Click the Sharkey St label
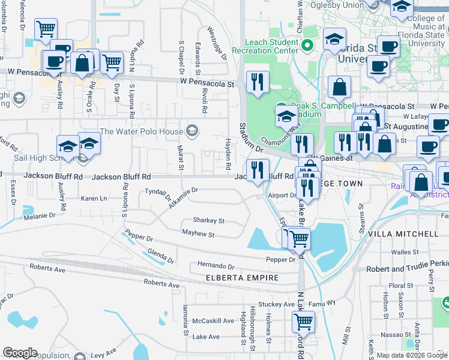(208, 220)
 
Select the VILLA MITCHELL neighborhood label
(403, 233)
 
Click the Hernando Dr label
(215, 265)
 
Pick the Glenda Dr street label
(160, 257)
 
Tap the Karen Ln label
(94, 198)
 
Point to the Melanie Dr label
(40, 214)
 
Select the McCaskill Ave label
(213, 320)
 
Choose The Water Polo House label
(142, 131)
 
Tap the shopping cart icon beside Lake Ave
(303, 322)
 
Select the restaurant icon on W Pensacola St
(259, 83)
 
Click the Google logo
(20, 353)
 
